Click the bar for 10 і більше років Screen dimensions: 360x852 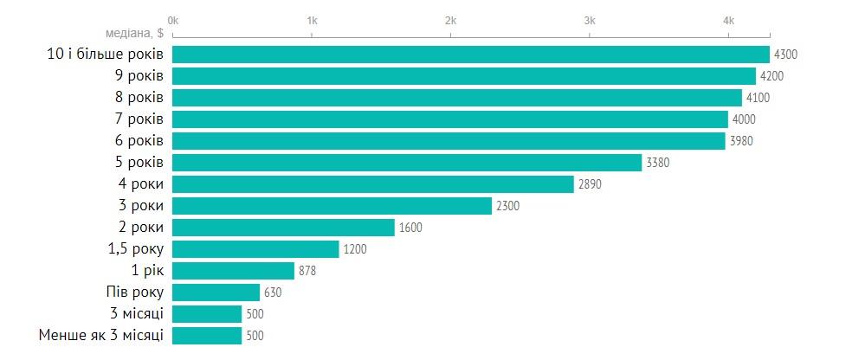471,55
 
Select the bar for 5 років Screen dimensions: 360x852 407,163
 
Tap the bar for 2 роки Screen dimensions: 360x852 283,228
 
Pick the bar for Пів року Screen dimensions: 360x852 216,292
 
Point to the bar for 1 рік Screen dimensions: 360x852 233,271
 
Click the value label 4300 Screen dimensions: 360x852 785,55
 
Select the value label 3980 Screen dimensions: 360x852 741,141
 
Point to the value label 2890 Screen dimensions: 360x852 590,184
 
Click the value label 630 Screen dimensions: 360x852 273,292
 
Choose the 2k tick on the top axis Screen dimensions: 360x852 450,20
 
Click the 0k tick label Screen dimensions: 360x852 172,20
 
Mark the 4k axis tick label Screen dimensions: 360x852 728,20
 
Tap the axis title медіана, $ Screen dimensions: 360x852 135,34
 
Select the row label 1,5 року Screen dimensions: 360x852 132,249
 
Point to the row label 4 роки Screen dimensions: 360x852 141,184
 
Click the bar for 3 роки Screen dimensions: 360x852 332,206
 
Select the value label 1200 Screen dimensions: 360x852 355,249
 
